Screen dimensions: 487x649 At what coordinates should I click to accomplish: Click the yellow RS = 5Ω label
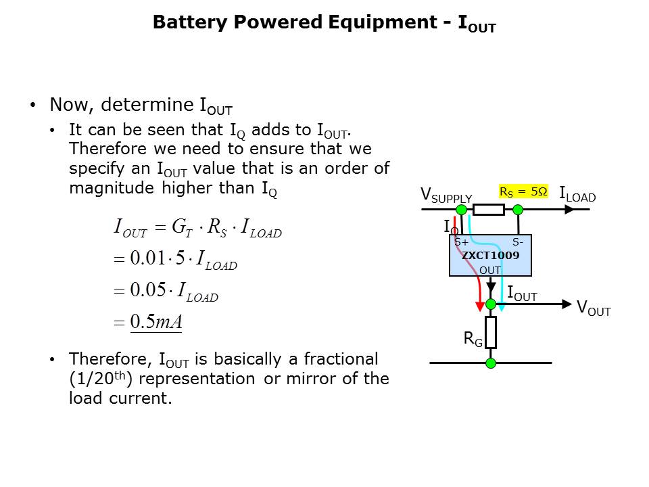(523, 191)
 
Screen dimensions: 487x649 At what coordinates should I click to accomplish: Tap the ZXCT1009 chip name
(490, 256)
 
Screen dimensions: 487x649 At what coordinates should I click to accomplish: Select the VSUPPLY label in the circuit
(446, 195)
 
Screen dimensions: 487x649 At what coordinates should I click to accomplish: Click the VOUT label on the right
(594, 308)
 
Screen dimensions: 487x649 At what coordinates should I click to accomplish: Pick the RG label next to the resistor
(473, 340)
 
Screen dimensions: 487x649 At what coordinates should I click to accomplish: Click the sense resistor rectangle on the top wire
(489, 210)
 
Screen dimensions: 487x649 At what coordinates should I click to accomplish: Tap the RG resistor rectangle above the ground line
(491, 331)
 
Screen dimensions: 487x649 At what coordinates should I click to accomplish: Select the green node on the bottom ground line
(491, 363)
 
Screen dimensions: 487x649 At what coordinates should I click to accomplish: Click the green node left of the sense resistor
(461, 210)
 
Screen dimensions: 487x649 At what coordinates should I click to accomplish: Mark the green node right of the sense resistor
(518, 210)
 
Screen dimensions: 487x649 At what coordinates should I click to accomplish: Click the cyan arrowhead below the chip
(501, 305)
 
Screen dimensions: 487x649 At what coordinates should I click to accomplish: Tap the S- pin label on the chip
(517, 242)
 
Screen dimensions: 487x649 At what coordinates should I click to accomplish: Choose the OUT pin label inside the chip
(490, 270)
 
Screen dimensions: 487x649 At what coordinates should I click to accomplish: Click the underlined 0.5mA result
(156, 322)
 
